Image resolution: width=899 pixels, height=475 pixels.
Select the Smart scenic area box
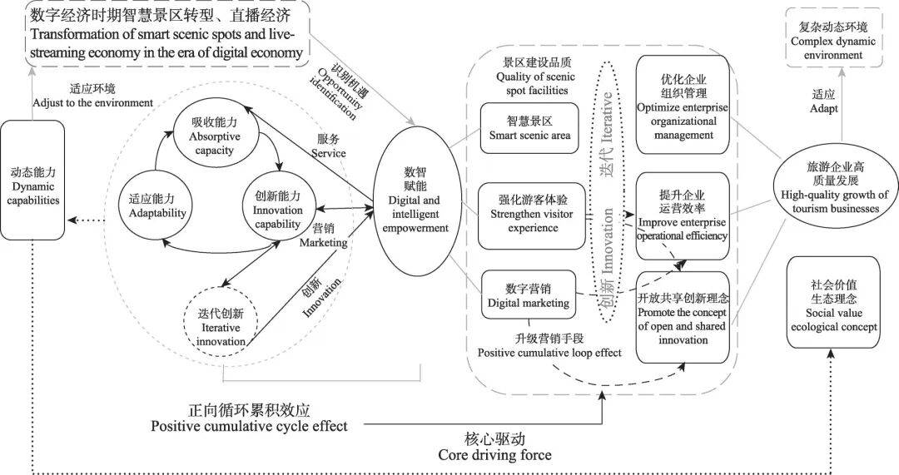(x=529, y=129)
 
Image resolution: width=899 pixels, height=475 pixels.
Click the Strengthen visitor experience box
(x=529, y=215)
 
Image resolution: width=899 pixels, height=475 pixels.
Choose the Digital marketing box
(x=529, y=296)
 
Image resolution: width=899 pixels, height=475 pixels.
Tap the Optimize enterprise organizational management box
(x=682, y=104)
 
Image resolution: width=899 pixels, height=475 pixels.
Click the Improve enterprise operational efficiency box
(x=682, y=218)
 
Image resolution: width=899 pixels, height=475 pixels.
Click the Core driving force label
(x=494, y=447)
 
